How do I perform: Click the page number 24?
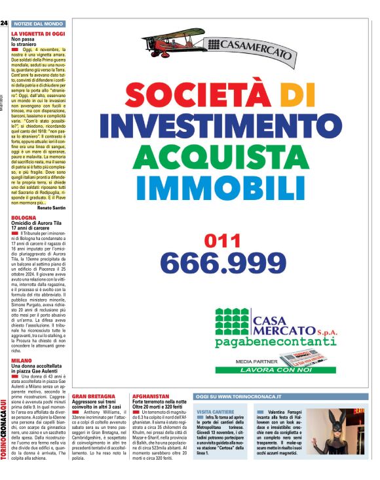coord(4,23)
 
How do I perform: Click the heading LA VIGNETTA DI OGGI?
coord(38,32)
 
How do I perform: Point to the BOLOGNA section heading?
coord(24,217)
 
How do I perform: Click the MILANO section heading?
coord(22,360)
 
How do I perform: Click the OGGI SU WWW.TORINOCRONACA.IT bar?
coord(239,397)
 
